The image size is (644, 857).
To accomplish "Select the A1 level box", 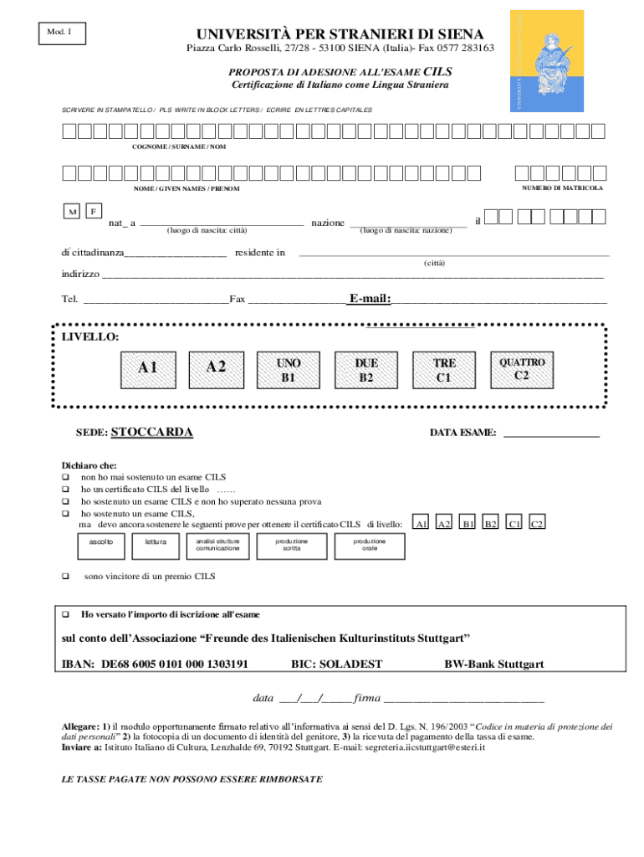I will (x=148, y=367).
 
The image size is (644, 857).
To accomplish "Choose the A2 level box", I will (x=216, y=367).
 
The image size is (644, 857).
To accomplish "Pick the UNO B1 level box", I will (x=288, y=370).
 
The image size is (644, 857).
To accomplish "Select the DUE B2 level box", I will (x=365, y=370).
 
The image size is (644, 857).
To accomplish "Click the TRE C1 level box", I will (x=443, y=370).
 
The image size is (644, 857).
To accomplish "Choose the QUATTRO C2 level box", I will (x=521, y=369).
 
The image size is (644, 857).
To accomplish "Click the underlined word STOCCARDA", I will (x=151, y=433).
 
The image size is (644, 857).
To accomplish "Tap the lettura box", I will (x=156, y=546).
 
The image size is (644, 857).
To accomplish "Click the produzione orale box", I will (x=369, y=546).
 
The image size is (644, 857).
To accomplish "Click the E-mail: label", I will (x=370, y=299).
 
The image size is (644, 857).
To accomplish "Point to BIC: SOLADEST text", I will (x=336, y=665).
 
